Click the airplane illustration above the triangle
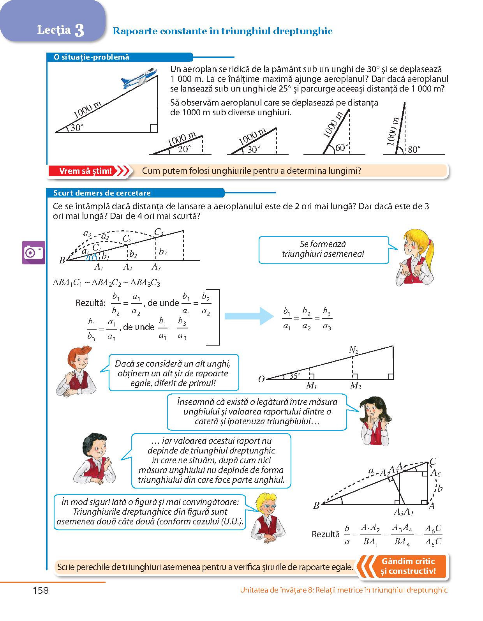(x=139, y=78)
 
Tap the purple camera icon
(x=33, y=252)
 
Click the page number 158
(x=41, y=590)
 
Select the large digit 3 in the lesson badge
(x=79, y=30)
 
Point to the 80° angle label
(x=414, y=150)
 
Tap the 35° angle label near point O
(x=294, y=376)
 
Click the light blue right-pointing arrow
(x=249, y=316)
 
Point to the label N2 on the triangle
(x=353, y=350)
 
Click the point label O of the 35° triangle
(x=261, y=379)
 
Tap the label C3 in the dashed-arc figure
(x=159, y=232)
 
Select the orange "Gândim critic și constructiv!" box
(x=408, y=566)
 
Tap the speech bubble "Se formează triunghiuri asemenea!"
(x=323, y=249)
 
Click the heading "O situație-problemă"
(x=92, y=57)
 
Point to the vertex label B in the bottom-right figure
(x=316, y=506)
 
